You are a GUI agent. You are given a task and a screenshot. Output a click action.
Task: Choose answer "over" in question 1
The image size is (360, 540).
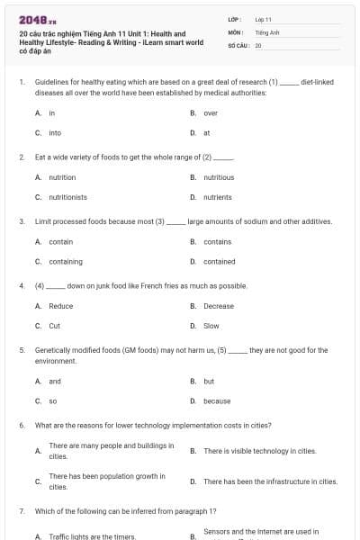(211, 113)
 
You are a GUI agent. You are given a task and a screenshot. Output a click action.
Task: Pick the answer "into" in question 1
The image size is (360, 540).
(55, 132)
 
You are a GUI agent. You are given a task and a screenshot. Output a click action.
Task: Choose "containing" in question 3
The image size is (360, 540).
(66, 261)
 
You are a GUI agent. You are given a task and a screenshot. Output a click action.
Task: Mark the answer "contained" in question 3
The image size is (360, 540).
(220, 261)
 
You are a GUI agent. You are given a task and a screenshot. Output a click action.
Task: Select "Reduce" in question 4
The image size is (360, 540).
(61, 306)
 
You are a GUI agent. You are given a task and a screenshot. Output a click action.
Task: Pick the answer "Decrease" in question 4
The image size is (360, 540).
(219, 306)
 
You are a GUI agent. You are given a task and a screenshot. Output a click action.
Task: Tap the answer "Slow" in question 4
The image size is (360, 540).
(211, 326)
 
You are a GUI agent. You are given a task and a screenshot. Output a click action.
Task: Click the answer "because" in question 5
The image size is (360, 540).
(217, 400)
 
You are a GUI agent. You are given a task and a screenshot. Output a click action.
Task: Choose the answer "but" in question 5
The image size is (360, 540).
(209, 381)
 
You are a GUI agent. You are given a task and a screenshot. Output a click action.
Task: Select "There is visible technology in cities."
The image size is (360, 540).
(260, 450)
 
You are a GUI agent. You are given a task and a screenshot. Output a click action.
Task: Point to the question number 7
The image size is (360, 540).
(21, 511)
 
